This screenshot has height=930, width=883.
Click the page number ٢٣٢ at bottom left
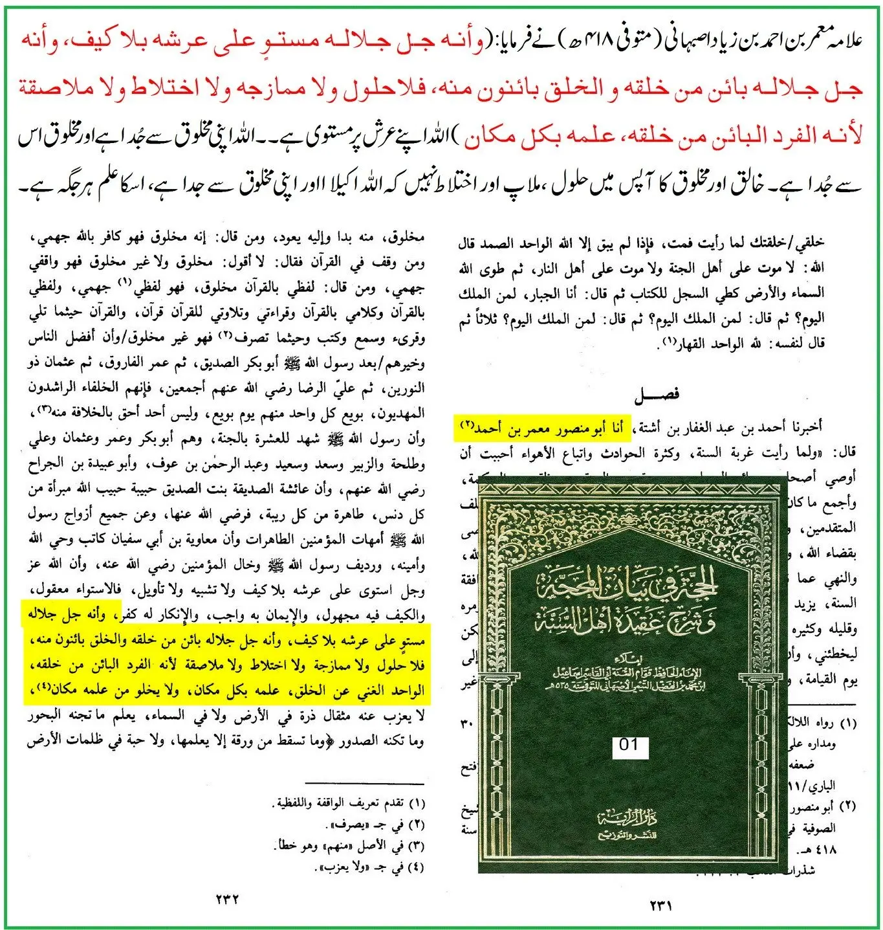(x=227, y=900)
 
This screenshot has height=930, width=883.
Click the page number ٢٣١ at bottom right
(x=660, y=905)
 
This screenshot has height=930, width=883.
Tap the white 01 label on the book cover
(x=629, y=745)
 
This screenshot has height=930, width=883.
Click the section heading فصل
(x=656, y=394)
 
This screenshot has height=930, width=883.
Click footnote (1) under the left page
(x=349, y=803)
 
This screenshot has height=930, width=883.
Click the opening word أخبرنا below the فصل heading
(x=806, y=427)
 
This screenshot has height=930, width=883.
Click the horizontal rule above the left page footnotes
(x=365, y=783)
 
